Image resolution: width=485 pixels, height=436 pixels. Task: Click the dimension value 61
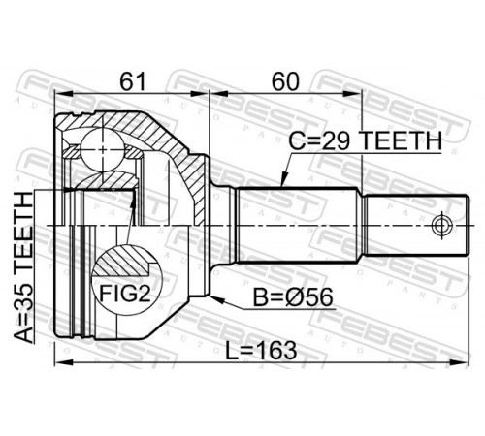coord(133,81)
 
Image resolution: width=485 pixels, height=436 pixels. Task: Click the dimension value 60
coord(285,81)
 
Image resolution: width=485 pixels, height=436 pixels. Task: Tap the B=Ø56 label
coord(293,297)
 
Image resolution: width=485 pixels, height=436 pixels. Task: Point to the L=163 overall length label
coord(261,351)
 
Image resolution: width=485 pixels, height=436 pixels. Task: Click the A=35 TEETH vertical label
coord(24,267)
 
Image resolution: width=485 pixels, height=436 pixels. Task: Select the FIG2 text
coord(125,294)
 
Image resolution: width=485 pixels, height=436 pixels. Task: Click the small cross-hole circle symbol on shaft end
coord(441,225)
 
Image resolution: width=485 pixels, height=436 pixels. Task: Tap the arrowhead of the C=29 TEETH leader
coord(283,181)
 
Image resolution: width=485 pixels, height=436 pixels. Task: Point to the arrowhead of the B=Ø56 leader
coord(216,299)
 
